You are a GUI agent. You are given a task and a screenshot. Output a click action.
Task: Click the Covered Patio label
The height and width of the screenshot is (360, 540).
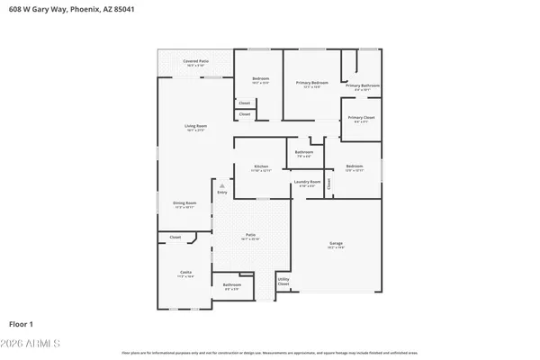tap(195, 61)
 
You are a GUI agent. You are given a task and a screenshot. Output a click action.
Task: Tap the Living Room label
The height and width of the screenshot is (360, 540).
tap(196, 127)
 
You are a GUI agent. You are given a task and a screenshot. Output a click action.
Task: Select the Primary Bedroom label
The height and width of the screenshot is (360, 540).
tap(312, 83)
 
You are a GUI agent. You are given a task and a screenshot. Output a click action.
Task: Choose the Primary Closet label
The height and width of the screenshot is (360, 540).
tap(362, 118)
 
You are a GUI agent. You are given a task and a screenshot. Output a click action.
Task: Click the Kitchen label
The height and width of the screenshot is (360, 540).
tap(261, 166)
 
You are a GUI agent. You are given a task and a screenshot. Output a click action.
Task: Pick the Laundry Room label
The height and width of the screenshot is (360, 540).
tap(307, 183)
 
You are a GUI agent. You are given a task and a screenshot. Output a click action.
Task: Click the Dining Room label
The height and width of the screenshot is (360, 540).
tap(184, 204)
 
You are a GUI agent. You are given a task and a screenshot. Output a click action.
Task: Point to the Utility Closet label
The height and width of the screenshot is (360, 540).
tap(283, 282)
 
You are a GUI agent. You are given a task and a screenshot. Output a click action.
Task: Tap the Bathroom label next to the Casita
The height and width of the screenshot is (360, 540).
tap(232, 286)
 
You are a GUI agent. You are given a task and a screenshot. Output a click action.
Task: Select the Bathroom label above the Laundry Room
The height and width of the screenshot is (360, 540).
tap(304, 152)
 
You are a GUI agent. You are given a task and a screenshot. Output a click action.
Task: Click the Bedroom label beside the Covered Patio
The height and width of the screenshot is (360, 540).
tap(261, 80)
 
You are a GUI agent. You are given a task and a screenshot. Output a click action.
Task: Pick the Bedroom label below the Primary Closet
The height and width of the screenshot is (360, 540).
tap(355, 166)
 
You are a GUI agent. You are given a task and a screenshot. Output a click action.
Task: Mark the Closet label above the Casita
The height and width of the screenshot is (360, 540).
tap(175, 238)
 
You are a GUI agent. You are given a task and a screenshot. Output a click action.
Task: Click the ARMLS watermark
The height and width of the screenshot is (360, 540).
tap(31, 345)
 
